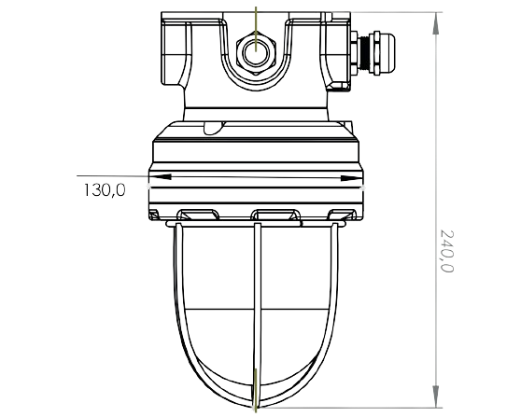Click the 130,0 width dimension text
pyautogui.click(x=105, y=190)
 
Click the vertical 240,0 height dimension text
pyautogui.click(x=446, y=251)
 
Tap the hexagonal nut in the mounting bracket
pyautogui.click(x=256, y=52)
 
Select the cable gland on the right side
pyautogui.click(x=373, y=53)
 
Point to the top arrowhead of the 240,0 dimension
pyautogui.click(x=436, y=23)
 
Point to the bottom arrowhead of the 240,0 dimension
pyautogui.click(x=436, y=396)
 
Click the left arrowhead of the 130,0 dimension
pyautogui.click(x=161, y=176)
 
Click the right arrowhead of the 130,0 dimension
pyautogui.click(x=352, y=178)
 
